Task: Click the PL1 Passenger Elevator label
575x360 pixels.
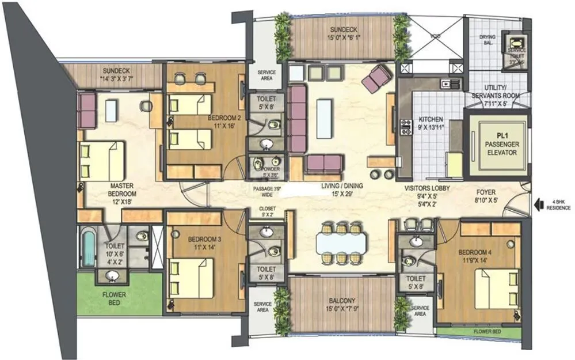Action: pos(498,145)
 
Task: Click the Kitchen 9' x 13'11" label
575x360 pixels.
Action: pos(431,123)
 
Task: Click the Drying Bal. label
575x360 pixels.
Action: pos(487,41)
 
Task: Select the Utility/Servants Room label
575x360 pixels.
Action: pos(495,99)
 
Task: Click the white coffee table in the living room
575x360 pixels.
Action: pos(324,118)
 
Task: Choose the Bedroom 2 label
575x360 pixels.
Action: pos(224,122)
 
